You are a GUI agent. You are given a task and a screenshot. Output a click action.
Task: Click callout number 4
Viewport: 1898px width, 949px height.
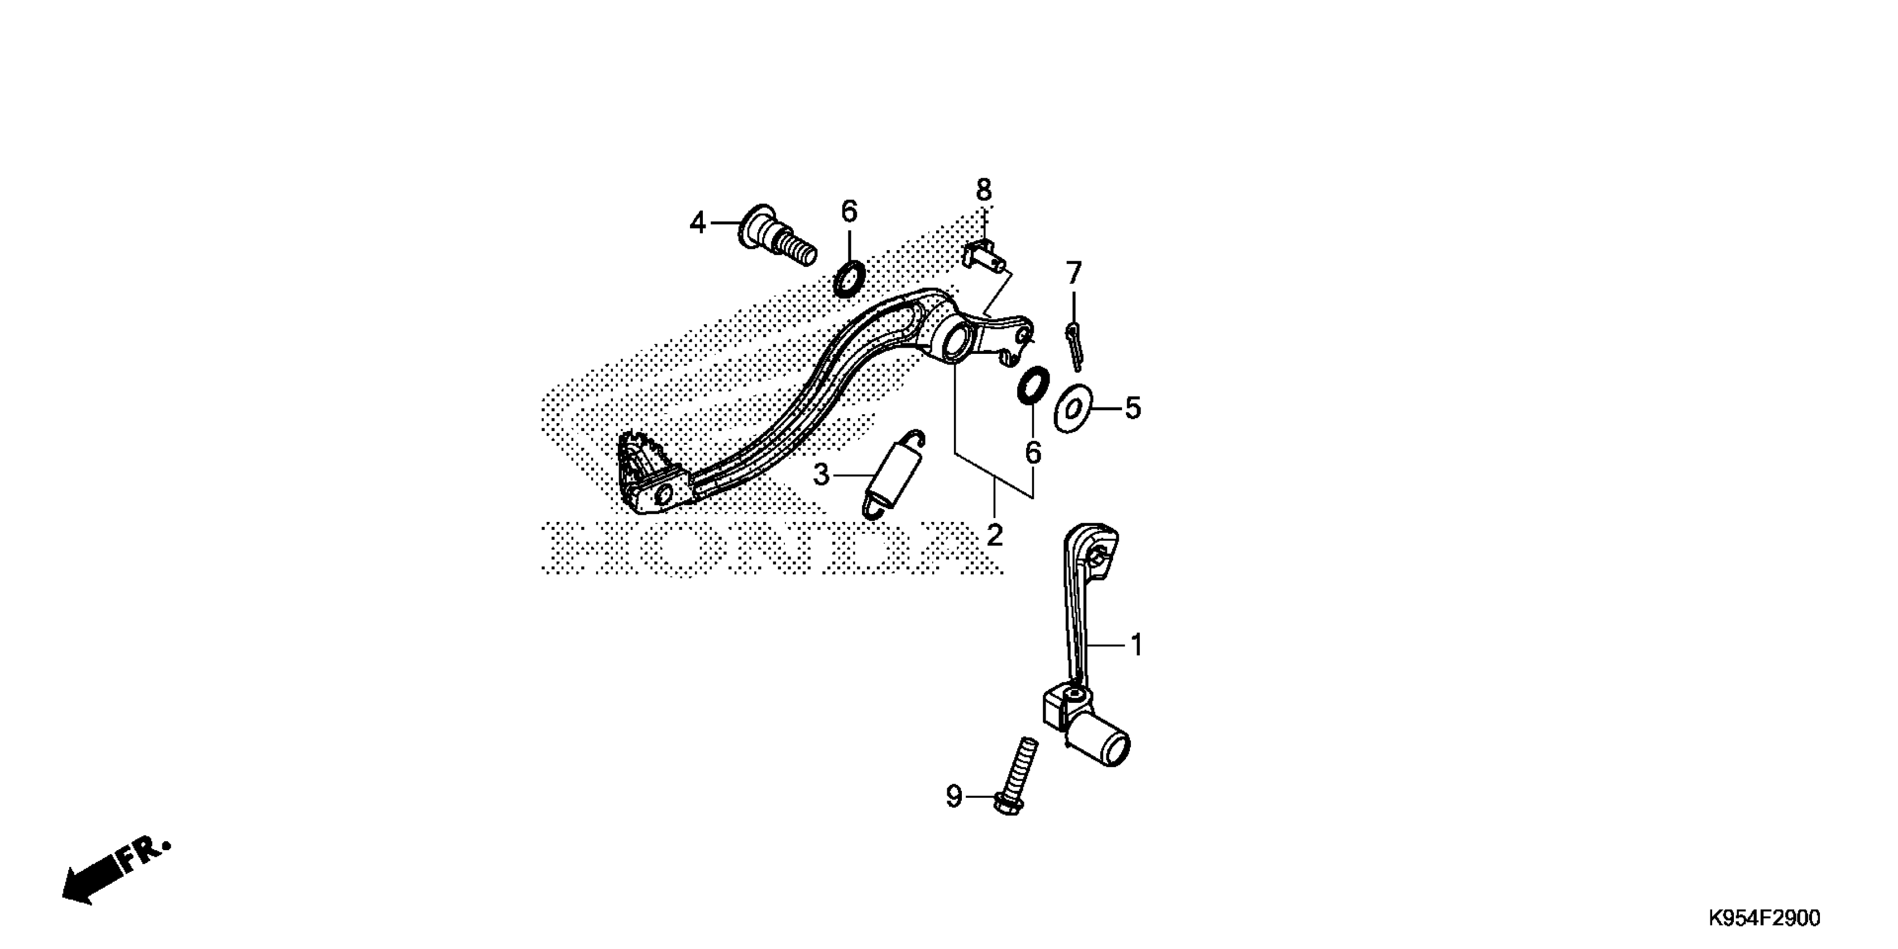click(x=698, y=223)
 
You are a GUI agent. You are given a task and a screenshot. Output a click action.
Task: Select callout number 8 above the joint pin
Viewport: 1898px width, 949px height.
click(x=984, y=190)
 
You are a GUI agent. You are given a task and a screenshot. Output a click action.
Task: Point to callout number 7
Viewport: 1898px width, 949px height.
click(x=1073, y=274)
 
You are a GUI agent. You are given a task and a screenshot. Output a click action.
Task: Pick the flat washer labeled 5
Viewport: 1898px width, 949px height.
click(x=1072, y=408)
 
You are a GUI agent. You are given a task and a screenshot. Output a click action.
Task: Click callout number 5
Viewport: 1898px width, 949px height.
click(x=1133, y=408)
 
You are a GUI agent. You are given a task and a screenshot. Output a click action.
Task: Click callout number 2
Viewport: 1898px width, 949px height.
click(x=995, y=535)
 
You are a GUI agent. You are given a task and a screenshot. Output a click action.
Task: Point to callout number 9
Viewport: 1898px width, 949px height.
click(x=953, y=797)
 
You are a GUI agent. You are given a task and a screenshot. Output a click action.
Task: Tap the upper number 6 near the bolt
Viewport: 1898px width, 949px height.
click(x=850, y=212)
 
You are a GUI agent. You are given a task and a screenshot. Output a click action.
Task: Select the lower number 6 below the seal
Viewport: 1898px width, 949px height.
click(x=1033, y=452)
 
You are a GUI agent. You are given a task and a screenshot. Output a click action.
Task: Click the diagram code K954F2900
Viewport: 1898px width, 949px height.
click(x=1764, y=918)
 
